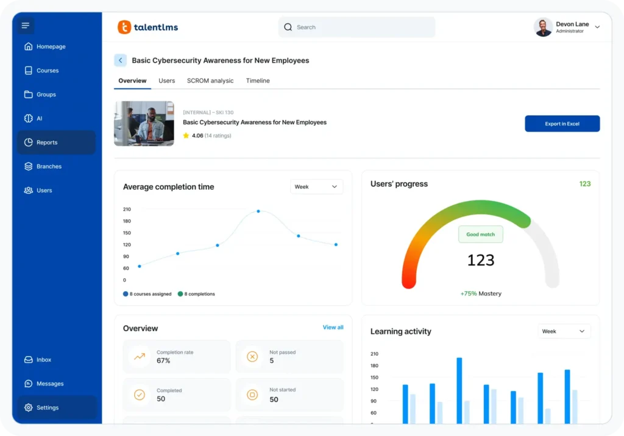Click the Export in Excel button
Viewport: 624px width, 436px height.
coord(562,124)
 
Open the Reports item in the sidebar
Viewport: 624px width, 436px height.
coord(56,142)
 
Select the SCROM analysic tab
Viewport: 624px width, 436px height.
coord(210,80)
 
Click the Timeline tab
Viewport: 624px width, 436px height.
coord(258,80)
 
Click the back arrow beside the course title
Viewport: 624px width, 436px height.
coord(121,60)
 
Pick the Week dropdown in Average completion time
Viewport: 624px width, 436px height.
coord(316,187)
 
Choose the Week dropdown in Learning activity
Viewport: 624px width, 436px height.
coord(564,331)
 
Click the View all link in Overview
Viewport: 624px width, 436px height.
coord(333,327)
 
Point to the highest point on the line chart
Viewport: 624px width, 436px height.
coord(258,211)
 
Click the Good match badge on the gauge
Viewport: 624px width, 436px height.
coord(480,234)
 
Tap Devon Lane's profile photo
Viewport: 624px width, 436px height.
coord(543,27)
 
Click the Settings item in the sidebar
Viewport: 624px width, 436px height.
coord(56,407)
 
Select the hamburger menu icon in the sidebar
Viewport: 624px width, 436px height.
coord(25,26)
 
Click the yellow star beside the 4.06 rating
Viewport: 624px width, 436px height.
coord(186,136)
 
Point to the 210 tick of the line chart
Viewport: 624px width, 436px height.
coord(127,209)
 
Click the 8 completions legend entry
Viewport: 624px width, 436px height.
coord(196,294)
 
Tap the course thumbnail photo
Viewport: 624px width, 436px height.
coord(144,124)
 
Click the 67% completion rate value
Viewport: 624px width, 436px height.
coord(163,360)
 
